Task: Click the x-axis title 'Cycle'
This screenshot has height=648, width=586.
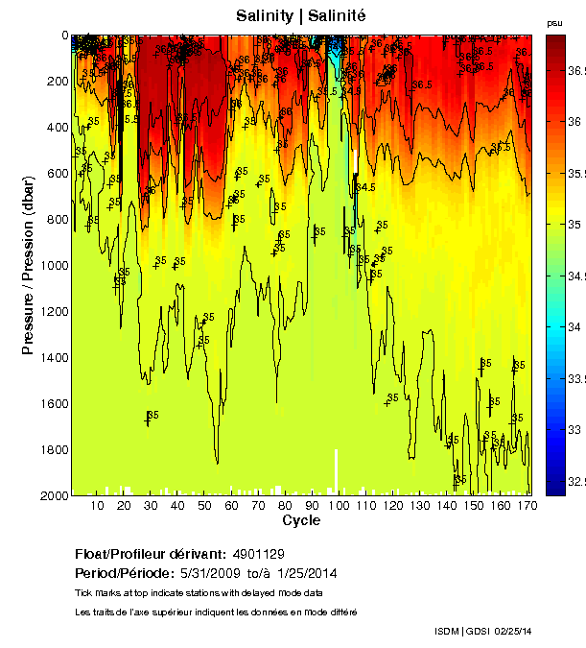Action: [301, 520]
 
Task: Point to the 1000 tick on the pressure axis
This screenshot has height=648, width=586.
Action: [52, 266]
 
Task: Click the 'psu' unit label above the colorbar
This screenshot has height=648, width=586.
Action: [554, 22]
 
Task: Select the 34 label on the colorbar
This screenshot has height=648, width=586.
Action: [573, 327]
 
